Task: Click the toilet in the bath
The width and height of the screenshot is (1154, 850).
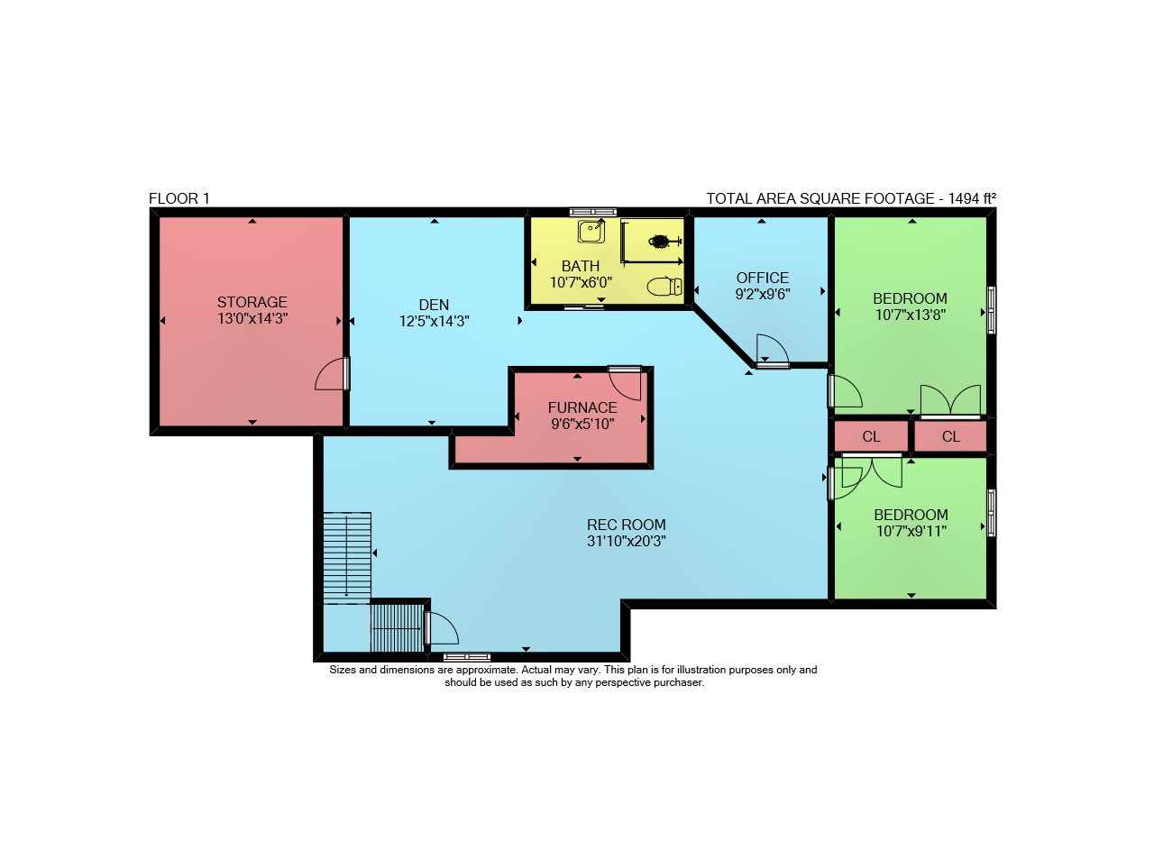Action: (664, 287)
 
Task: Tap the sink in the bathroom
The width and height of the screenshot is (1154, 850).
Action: (591, 232)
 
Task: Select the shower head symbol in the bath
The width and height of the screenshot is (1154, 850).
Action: (664, 241)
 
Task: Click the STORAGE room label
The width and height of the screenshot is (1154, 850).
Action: (252, 302)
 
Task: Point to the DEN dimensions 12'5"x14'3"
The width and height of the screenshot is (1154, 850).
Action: (435, 322)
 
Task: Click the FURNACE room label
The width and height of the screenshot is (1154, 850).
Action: (582, 407)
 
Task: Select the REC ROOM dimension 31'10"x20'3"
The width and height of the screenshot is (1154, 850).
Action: (627, 541)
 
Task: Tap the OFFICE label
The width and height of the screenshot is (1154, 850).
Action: (763, 279)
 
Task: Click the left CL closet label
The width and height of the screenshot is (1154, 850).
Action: (871, 437)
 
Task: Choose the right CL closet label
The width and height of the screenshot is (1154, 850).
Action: (951, 437)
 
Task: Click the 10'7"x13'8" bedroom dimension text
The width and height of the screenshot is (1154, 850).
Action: (911, 315)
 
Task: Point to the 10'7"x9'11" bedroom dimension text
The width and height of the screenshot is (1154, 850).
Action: (911, 531)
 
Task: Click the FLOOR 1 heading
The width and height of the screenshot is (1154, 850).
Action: (179, 199)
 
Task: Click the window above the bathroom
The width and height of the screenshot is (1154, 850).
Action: (593, 212)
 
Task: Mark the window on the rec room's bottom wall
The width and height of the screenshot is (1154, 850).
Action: (467, 657)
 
